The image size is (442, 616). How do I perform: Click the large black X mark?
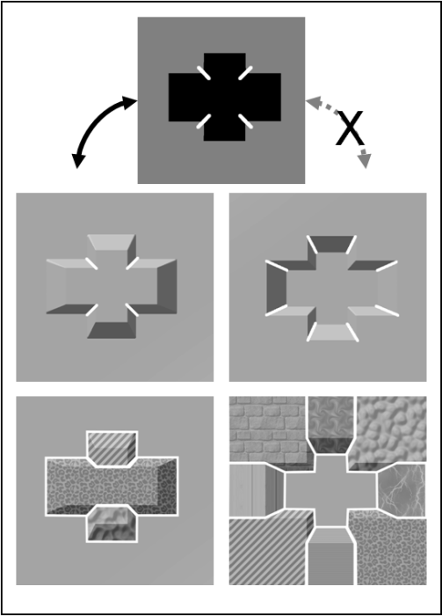(351, 128)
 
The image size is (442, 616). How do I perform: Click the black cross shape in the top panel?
(225, 97)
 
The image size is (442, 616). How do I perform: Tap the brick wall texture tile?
(266, 429)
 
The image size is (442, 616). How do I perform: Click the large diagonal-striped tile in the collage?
(266, 550)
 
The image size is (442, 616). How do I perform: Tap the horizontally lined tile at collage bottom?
(331, 558)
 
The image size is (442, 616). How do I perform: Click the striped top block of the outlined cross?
(112, 448)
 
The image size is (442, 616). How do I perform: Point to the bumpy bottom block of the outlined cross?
(112, 524)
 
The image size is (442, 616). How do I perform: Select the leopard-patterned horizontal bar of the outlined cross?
(112, 486)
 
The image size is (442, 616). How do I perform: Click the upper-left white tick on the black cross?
(204, 73)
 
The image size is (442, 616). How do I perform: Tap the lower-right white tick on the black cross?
(245, 121)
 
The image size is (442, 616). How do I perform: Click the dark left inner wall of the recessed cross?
(277, 289)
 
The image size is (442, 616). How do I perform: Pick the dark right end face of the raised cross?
(167, 287)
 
